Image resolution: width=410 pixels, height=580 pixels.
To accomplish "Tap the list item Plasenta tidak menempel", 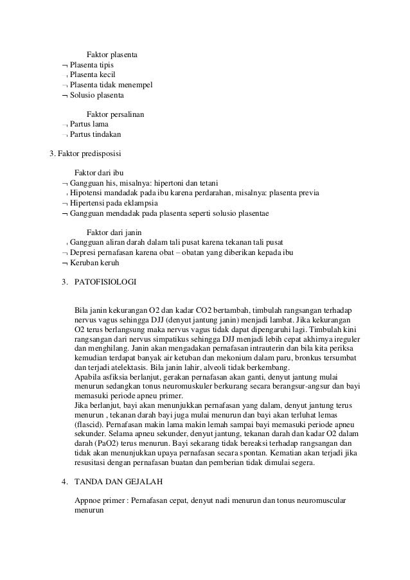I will (x=111, y=85).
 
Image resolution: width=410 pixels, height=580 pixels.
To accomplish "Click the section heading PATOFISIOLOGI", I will (x=105, y=281).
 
